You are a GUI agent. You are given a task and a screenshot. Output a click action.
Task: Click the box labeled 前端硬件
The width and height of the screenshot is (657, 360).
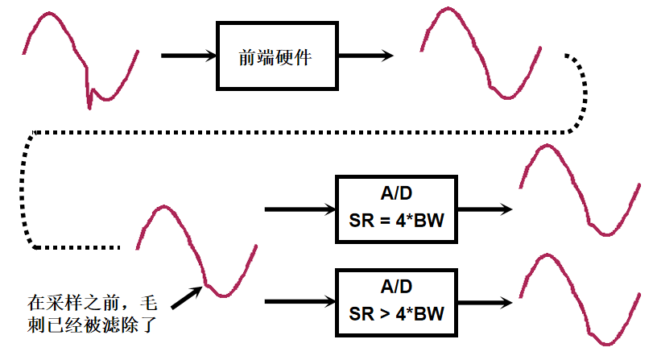pos(276,56)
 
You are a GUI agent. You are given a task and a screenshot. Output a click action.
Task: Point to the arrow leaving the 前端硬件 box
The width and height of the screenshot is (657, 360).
pos(364,56)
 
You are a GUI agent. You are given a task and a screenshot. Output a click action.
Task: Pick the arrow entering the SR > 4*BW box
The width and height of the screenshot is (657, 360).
pos(299,302)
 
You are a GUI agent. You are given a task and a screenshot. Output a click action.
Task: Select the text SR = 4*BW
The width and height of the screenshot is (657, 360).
pos(395,220)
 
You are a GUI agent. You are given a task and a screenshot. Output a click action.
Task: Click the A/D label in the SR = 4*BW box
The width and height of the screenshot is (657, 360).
pos(395,194)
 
